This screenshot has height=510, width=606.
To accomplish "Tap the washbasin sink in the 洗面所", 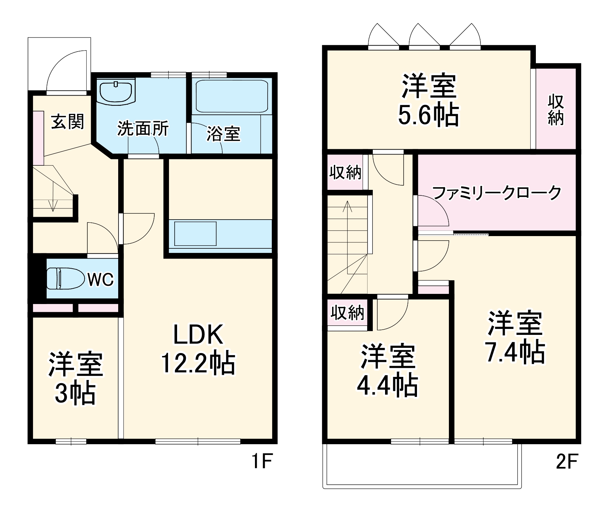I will tap(116, 92).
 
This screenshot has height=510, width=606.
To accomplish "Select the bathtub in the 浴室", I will tap(232, 96).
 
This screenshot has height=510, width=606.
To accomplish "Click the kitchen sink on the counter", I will tap(195, 234).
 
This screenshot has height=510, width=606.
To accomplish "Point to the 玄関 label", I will tap(68, 122).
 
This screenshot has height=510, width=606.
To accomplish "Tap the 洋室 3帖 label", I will tap(75, 378).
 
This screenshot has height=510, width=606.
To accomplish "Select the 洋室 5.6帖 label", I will tap(429, 100).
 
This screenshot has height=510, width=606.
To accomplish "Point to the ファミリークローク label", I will tap(497, 193).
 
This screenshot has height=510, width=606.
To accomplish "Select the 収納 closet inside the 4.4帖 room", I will tap(347, 312).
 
